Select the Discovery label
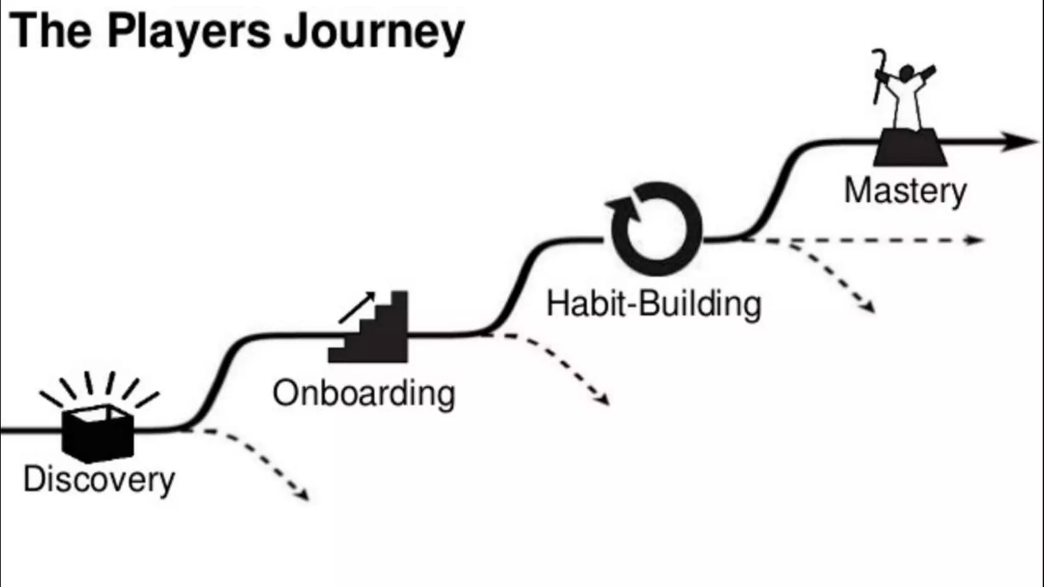pyautogui.click(x=99, y=479)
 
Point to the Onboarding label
pyautogui.click(x=364, y=393)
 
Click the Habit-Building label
pyautogui.click(x=654, y=304)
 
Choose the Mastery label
pyautogui.click(x=905, y=191)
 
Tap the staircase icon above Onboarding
pyautogui.click(x=375, y=331)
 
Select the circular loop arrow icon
pyautogui.click(x=656, y=229)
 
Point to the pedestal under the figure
pyautogui.click(x=910, y=147)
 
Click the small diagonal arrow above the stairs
pyautogui.click(x=357, y=307)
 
